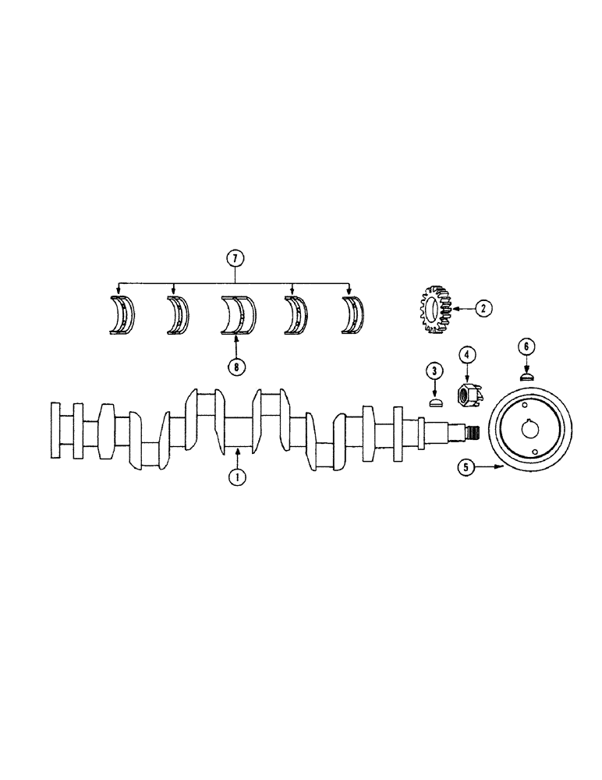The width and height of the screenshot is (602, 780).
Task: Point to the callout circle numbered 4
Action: pyautogui.click(x=466, y=356)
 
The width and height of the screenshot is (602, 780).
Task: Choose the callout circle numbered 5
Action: pyautogui.click(x=466, y=468)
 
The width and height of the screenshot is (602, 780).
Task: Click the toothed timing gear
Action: pyautogui.click(x=432, y=311)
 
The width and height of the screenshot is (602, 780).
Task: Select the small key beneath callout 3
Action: pyautogui.click(x=436, y=402)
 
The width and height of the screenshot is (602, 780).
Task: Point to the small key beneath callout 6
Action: pyautogui.click(x=526, y=375)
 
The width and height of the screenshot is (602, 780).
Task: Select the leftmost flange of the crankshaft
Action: pyautogui.click(x=55, y=431)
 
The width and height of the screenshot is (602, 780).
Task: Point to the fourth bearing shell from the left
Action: pyautogui.click(x=295, y=317)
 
